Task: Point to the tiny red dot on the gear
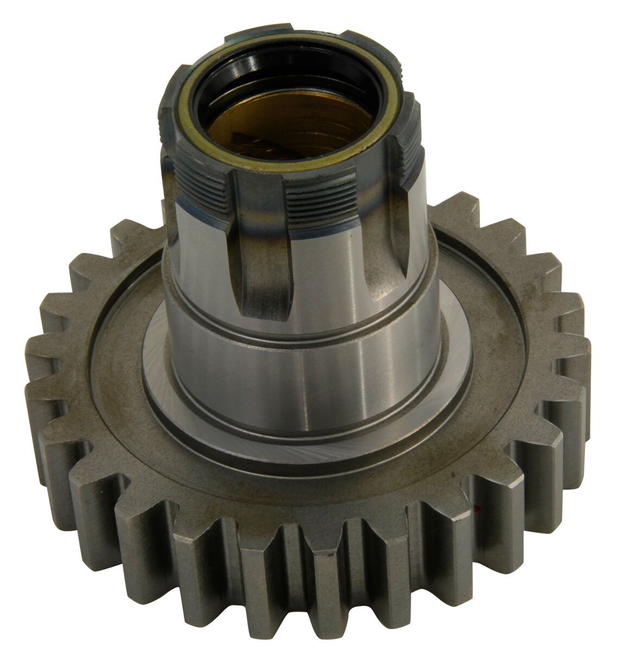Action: click(476, 510)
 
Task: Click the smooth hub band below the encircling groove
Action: click(304, 380)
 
